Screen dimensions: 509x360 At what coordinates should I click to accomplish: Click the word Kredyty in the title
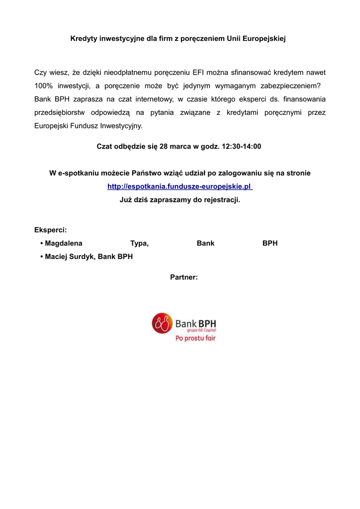pos(84,38)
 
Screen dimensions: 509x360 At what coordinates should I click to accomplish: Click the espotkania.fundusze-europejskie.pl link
pos(180,186)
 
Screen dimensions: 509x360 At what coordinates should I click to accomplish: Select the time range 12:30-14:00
pos(242,147)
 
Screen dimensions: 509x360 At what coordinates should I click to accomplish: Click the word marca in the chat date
pos(181,147)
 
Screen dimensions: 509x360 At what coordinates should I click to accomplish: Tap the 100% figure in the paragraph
pos(44,85)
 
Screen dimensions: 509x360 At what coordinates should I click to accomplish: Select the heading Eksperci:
pos(50,230)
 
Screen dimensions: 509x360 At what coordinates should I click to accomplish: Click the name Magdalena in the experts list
pos(64,243)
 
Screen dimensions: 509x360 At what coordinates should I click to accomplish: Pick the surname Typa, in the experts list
pos(139,243)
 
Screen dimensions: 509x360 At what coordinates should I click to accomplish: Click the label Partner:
pos(184,277)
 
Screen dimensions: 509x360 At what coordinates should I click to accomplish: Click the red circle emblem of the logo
pos(162,323)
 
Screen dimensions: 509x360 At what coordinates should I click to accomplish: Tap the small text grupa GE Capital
pos(201,330)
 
